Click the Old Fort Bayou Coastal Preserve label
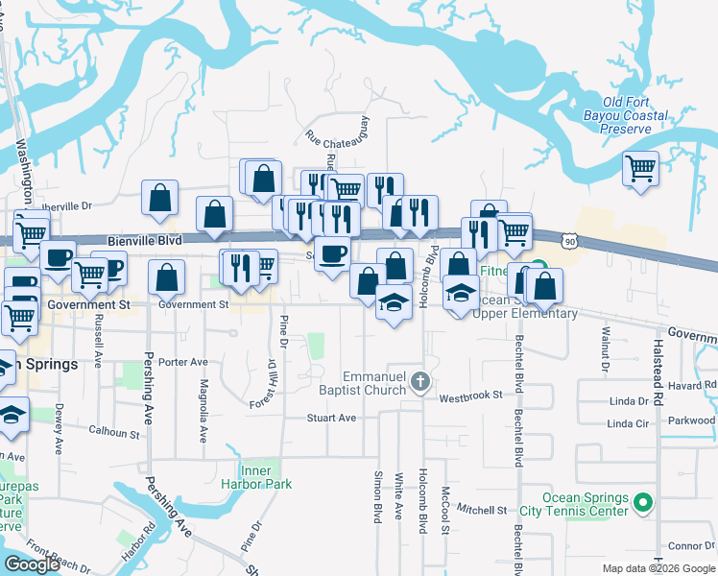tap(634, 115)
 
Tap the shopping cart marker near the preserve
tap(640, 170)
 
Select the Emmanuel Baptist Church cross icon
tap(419, 383)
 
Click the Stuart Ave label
tap(331, 418)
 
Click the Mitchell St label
tap(481, 509)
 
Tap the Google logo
tap(32, 564)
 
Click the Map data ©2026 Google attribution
tap(658, 568)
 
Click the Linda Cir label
tap(628, 423)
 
